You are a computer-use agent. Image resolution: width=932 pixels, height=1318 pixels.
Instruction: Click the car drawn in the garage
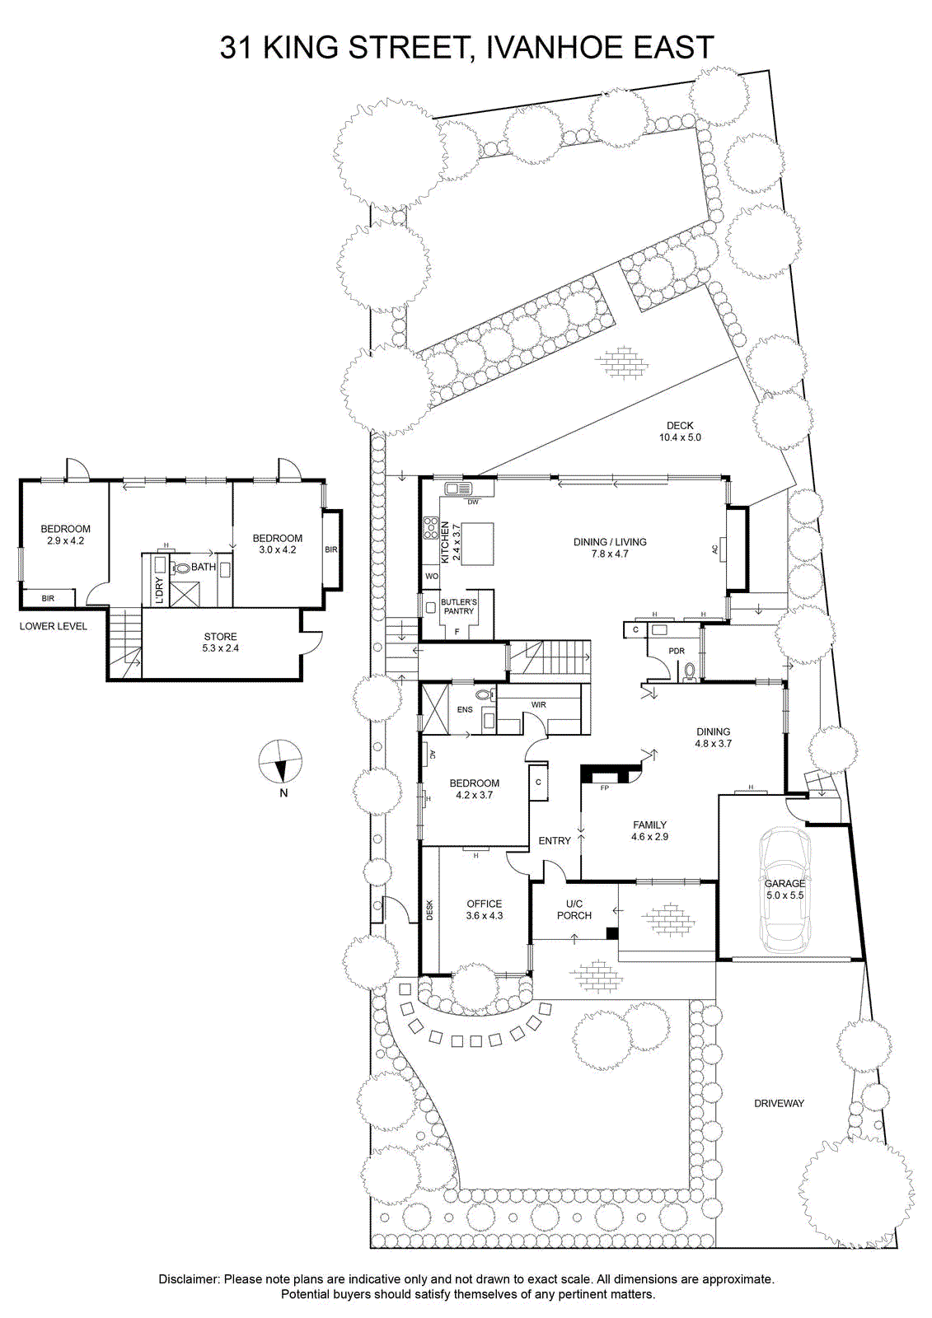pos(784,890)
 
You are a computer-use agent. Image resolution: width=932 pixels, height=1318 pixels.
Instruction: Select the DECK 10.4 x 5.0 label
pos(680,432)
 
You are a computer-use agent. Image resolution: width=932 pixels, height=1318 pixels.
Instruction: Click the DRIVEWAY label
pos(779,1103)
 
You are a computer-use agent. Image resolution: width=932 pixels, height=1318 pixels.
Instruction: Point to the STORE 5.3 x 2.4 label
pos(220,643)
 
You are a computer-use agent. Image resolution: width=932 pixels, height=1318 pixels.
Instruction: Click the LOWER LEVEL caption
pos(54,626)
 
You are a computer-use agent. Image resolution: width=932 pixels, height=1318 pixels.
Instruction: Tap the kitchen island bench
pos(477,544)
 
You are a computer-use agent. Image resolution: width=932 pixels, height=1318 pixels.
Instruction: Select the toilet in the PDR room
pos(691,672)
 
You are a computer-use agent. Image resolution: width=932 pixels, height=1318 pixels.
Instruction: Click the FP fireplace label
pos(604,788)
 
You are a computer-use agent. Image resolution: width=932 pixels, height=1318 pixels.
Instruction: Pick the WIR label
pos(538,704)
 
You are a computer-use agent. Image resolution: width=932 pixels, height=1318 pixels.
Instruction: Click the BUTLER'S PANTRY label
pos(458,606)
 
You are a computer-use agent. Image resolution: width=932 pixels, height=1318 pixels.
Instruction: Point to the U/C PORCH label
pos(574,909)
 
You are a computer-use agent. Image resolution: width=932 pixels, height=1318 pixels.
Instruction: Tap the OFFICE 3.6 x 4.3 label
pos(485,909)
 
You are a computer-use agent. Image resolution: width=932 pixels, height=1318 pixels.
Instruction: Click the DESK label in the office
pos(429,909)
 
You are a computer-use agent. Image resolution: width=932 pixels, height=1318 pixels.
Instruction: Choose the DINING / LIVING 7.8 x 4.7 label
pos(610,548)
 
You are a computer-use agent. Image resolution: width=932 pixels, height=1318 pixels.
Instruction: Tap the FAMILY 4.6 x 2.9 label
pos(649,830)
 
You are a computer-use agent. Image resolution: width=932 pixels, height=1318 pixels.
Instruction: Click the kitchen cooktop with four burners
pos(431,527)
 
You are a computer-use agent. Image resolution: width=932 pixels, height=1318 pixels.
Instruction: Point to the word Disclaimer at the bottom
pos(190,1279)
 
